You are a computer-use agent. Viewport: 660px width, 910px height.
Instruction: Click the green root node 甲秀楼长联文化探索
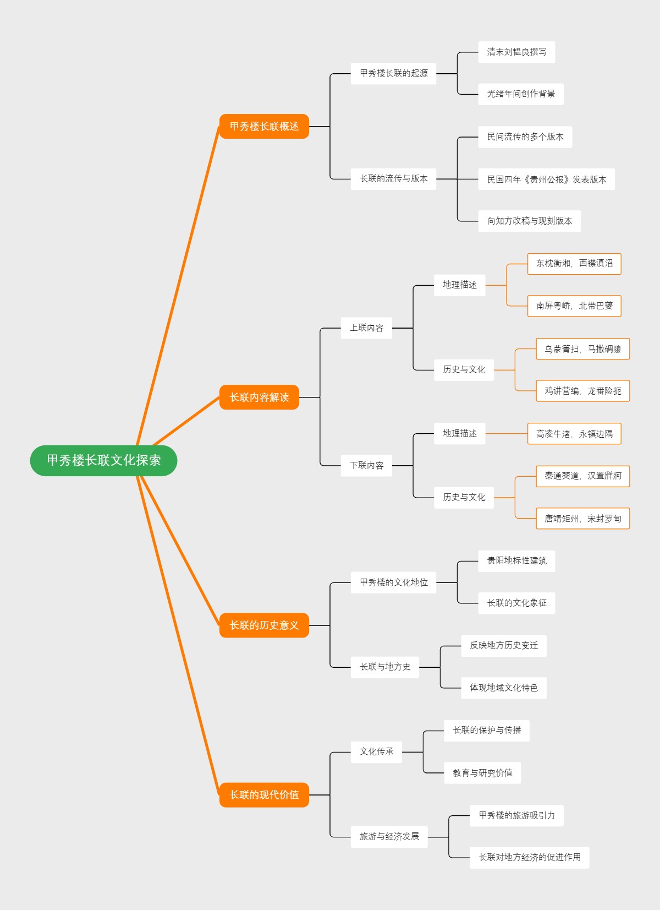click(x=103, y=460)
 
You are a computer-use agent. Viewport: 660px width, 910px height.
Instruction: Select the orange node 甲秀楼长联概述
click(x=264, y=127)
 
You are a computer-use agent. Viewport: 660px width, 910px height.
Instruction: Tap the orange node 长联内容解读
click(x=259, y=397)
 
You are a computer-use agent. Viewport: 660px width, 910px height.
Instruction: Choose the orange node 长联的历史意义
click(x=264, y=625)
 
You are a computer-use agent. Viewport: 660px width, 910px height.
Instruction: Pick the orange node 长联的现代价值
click(x=264, y=795)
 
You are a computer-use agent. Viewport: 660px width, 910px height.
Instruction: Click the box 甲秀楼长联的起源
click(x=393, y=73)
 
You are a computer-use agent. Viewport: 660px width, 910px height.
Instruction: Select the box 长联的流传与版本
click(x=393, y=179)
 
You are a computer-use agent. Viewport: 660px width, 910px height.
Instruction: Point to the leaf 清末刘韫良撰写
click(x=516, y=52)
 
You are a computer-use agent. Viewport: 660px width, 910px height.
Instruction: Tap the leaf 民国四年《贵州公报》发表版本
click(x=546, y=179)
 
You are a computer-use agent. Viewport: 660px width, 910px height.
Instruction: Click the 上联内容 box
click(x=366, y=328)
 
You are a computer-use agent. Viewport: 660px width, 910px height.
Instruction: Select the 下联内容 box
click(x=366, y=466)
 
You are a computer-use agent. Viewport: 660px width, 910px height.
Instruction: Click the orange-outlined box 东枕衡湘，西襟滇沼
click(x=574, y=264)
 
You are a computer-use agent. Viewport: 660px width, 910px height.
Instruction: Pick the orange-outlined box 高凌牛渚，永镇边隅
click(x=574, y=434)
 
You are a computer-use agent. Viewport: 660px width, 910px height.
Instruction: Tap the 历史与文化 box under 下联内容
click(x=464, y=498)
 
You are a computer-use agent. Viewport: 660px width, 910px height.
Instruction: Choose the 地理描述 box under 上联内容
click(x=459, y=285)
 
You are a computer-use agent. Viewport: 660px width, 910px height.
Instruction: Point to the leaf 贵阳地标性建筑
click(x=516, y=561)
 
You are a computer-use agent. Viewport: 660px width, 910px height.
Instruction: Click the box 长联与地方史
click(x=384, y=667)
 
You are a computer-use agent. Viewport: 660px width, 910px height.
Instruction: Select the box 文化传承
click(x=376, y=752)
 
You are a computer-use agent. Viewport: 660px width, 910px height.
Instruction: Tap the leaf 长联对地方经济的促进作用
click(x=529, y=858)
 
